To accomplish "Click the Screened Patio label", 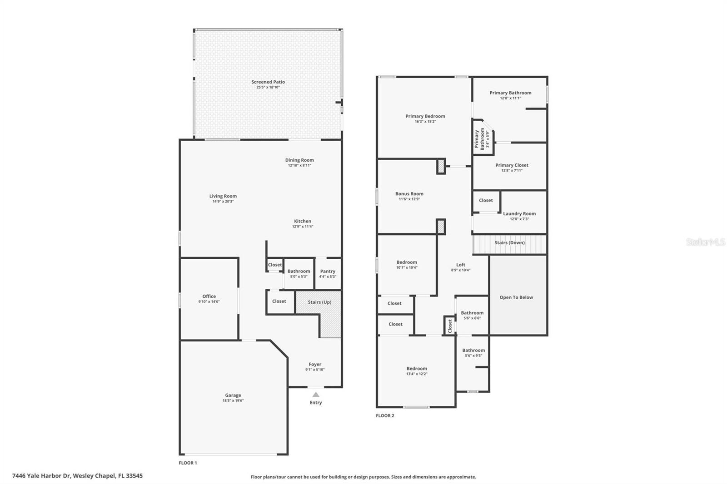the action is tap(268, 82).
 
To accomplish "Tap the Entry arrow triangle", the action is tap(316, 395).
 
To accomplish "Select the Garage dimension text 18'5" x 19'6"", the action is tap(233, 400).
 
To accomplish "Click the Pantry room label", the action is tap(328, 271).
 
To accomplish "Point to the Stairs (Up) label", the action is tap(320, 302).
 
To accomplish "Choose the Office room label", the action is tap(209, 296).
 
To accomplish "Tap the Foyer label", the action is tap(315, 364).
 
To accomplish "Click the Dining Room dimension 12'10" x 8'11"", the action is tap(299, 165).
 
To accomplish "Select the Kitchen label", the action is tap(303, 221).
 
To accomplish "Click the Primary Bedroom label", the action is tap(425, 116).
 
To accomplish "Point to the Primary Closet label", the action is tap(512, 165).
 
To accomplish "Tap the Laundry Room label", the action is tap(519, 213).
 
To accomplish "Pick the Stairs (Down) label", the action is tap(509, 242).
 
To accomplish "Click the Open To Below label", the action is tap(516, 297).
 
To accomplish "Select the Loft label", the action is tap(461, 265).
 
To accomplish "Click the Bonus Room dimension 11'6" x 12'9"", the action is tap(409, 199).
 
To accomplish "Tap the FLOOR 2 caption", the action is tap(385, 415).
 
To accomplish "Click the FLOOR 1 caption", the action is tap(188, 463).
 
